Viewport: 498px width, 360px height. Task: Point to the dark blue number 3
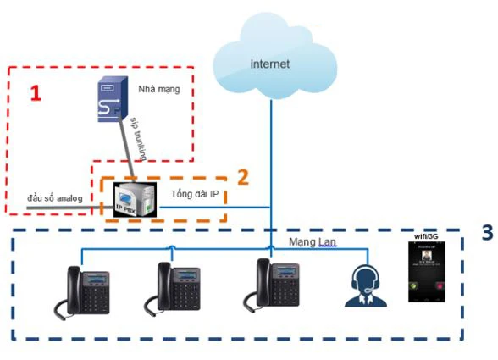tap(485, 230)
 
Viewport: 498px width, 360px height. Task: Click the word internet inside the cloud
tap(270, 64)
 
